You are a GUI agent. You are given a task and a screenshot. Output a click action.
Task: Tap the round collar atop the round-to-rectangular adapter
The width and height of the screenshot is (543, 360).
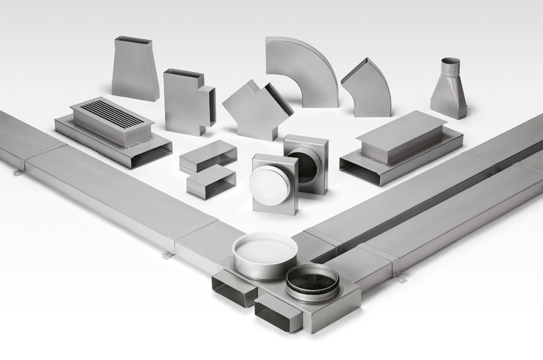click(x=450, y=67)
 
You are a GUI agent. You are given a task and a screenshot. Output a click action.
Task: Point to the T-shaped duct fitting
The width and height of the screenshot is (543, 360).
click(x=185, y=103)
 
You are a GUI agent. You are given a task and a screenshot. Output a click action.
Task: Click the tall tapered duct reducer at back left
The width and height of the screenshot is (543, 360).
click(x=135, y=71)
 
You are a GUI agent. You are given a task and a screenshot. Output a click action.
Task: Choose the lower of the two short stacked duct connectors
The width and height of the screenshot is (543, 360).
click(x=211, y=182)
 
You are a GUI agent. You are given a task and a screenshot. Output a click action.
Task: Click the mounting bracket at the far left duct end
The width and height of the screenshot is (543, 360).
click(x=17, y=172)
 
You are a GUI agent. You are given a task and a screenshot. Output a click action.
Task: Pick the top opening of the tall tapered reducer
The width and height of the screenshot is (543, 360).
click(x=135, y=40)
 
